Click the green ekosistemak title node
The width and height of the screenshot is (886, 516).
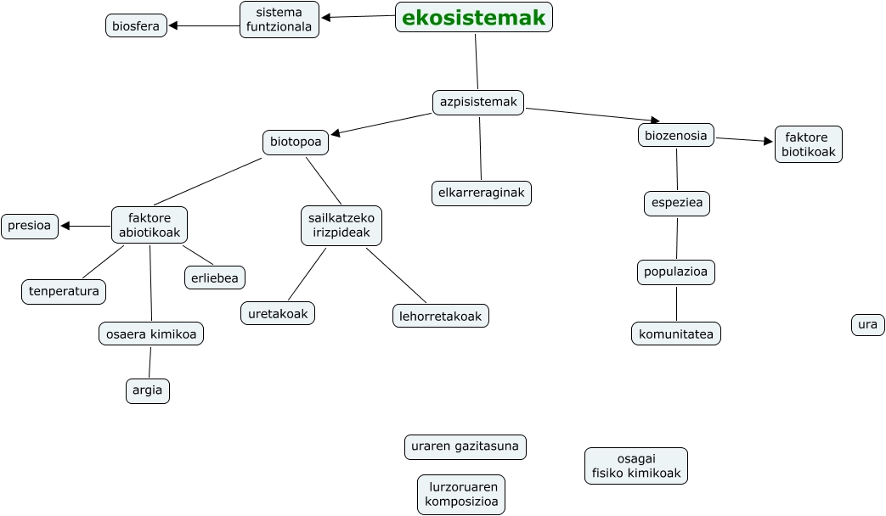click(x=473, y=17)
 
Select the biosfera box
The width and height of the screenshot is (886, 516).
click(x=136, y=25)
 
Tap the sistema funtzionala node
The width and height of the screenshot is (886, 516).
click(x=279, y=20)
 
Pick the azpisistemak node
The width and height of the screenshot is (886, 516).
click(x=478, y=102)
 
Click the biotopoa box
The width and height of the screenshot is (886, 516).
click(x=296, y=142)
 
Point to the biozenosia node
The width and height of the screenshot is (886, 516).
click(x=675, y=135)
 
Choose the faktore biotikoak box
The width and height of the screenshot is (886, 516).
click(x=808, y=144)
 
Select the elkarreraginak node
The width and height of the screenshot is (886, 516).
click(x=481, y=193)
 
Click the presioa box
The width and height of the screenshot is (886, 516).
click(x=30, y=226)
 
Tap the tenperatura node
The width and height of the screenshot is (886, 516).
click(x=64, y=291)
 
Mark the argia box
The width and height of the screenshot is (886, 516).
click(x=147, y=390)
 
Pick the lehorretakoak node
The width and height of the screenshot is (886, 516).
click(x=440, y=316)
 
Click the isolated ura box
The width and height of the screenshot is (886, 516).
click(x=867, y=324)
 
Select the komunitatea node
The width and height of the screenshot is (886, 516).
click(x=675, y=334)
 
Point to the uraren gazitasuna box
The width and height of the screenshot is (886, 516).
click(x=465, y=446)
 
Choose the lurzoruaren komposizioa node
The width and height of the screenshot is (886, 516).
click(x=461, y=494)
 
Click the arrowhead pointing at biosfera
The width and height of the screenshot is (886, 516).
click(x=173, y=25)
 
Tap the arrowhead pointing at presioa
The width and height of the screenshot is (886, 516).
click(x=65, y=226)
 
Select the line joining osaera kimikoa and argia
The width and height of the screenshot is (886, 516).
click(x=150, y=362)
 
